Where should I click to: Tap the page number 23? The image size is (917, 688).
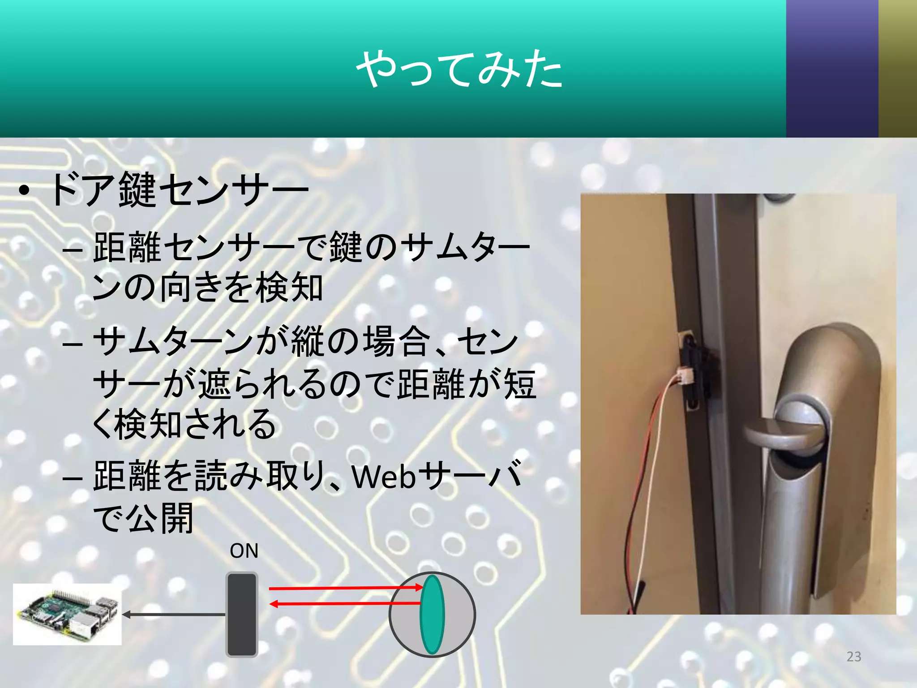[x=853, y=656]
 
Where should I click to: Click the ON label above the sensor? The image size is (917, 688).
[x=244, y=551]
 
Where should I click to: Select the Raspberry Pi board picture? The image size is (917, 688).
[x=67, y=614]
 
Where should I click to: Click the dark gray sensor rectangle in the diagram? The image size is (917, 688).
[x=242, y=615]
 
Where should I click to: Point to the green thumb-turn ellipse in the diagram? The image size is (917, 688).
[x=432, y=615]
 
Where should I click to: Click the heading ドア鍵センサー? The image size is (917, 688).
[x=179, y=190]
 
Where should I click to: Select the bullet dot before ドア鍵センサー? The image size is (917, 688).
[x=25, y=192]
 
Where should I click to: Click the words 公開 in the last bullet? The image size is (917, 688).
[x=160, y=518]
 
